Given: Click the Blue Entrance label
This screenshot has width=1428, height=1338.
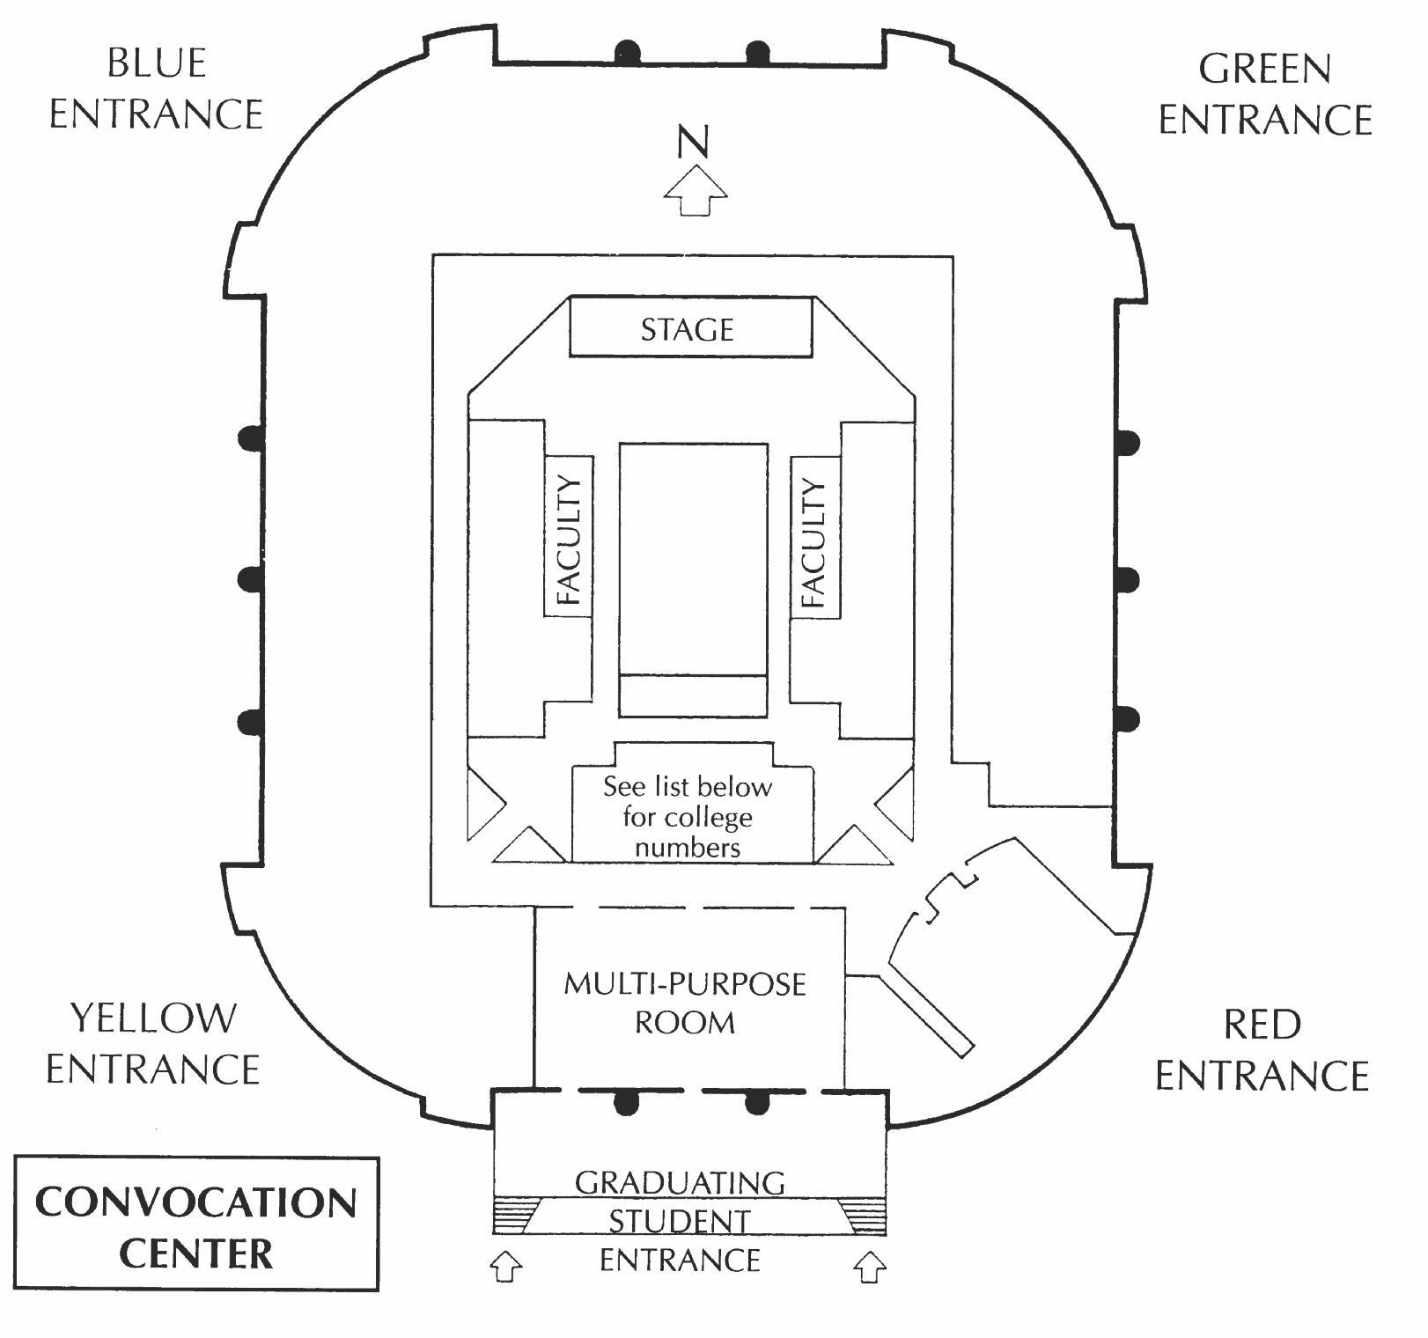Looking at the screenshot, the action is (156, 89).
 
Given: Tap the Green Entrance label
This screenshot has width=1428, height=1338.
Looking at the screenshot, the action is (1265, 94).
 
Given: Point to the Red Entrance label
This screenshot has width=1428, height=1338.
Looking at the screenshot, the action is (1262, 1050).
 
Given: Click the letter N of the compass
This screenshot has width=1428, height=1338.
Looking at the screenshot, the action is (694, 142).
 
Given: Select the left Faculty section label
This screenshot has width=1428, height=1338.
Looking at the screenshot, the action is (569, 538).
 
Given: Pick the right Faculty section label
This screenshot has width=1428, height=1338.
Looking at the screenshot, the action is (814, 542).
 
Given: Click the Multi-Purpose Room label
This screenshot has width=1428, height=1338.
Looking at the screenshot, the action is (685, 1003).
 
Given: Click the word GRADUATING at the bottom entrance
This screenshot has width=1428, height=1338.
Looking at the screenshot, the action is (680, 1182).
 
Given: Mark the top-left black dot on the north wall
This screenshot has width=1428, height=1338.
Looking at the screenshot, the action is (627, 51).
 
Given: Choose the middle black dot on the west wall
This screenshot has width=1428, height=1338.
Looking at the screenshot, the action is (252, 578).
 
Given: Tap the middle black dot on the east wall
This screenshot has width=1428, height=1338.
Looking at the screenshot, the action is (1127, 580).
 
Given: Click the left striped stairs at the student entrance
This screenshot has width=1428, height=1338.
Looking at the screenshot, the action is (512, 1215).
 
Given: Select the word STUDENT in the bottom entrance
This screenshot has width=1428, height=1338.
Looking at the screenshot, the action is (680, 1222).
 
